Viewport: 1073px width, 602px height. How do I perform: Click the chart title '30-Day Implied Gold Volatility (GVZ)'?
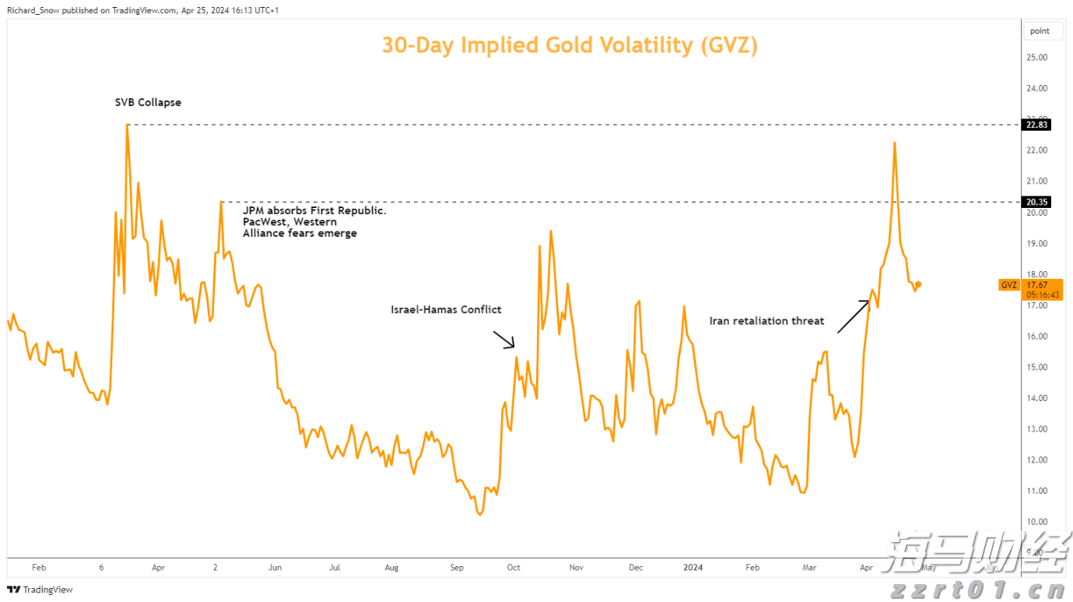point(569,45)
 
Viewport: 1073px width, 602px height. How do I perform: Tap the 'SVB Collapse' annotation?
point(147,102)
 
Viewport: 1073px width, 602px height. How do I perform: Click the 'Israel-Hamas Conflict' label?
point(446,309)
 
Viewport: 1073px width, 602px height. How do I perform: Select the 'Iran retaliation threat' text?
point(766,321)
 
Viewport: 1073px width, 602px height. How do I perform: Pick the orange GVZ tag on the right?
point(1008,285)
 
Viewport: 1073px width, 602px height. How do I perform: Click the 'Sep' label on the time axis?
point(457,568)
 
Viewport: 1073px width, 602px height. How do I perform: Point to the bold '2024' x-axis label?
point(692,568)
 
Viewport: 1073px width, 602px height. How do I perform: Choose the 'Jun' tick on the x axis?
point(275,568)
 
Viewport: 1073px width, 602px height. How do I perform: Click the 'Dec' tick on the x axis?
point(636,568)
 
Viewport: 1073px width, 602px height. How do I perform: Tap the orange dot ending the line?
point(919,284)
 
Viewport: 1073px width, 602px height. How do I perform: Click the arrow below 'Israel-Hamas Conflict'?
point(503,339)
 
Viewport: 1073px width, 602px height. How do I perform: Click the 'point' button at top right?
point(1040,31)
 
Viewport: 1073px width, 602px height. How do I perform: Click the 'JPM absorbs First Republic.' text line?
point(314,211)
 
